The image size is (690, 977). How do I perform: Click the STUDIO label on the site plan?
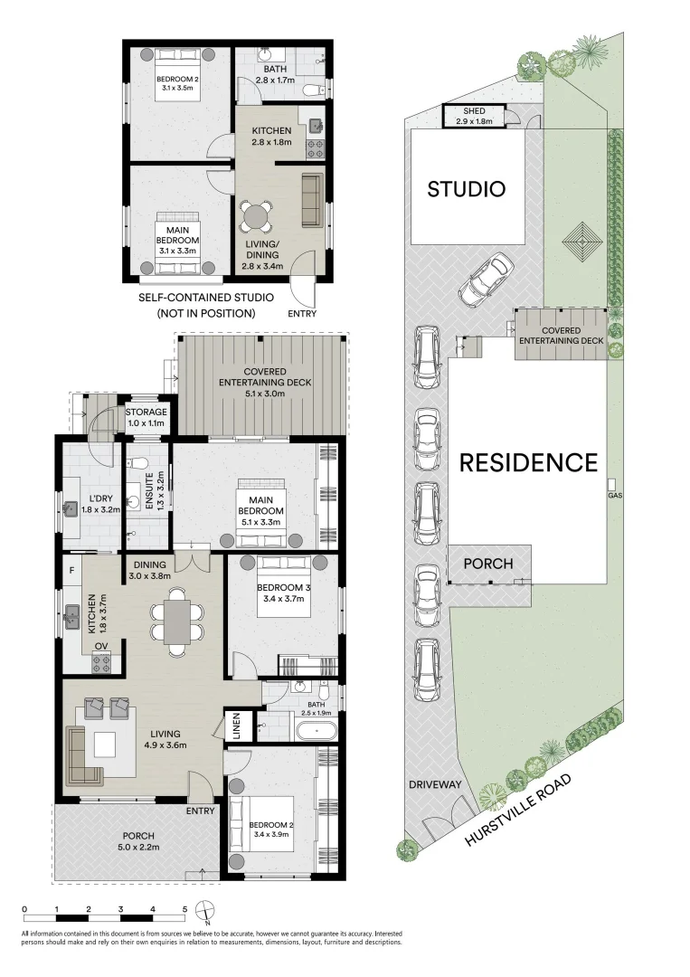[466, 189]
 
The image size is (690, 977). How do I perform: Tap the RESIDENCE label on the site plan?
[529, 462]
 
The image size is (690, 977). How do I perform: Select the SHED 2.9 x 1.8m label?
[474, 116]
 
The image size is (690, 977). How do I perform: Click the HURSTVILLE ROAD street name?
[517, 810]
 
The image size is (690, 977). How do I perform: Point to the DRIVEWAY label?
[435, 784]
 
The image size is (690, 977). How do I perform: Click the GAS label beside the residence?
[615, 496]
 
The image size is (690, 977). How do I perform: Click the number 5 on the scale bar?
[184, 909]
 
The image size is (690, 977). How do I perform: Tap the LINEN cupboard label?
[237, 726]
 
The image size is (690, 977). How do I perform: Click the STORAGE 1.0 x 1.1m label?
[147, 417]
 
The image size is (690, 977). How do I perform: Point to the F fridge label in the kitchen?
[72, 570]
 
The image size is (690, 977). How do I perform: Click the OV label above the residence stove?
[101, 646]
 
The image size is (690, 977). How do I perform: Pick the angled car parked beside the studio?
[487, 280]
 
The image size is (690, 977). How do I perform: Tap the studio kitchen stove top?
[316, 148]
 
